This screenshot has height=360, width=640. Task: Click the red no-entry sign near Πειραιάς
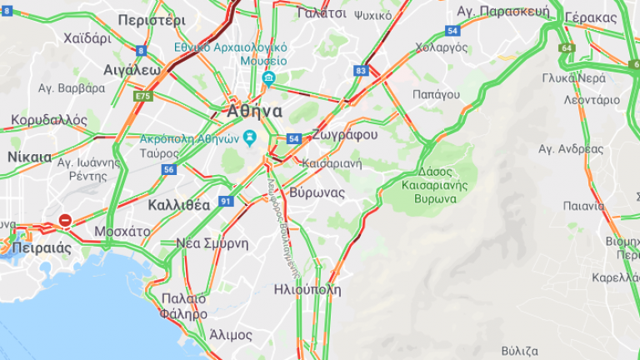pyautogui.click(x=65, y=221)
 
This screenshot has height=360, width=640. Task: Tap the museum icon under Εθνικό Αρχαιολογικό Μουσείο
pyautogui.click(x=268, y=78)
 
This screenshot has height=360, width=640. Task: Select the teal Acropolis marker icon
pyautogui.click(x=249, y=137)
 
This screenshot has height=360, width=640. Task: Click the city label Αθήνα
pyautogui.click(x=254, y=111)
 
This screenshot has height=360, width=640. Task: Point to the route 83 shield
pyautogui.click(x=360, y=72)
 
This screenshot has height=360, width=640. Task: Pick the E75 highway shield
pyautogui.click(x=143, y=97)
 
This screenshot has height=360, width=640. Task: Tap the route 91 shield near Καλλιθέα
pyautogui.click(x=226, y=201)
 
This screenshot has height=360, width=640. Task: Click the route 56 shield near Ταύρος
pyautogui.click(x=169, y=169)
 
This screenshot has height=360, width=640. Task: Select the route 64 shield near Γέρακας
pyautogui.click(x=567, y=48)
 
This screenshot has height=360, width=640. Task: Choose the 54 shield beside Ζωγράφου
pyautogui.click(x=293, y=138)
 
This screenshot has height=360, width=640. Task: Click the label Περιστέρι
pyautogui.click(x=152, y=19)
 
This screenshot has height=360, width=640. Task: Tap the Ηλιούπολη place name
pyautogui.click(x=307, y=290)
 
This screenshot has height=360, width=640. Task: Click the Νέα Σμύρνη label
pyautogui.click(x=212, y=243)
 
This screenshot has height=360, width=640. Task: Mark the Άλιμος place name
pyautogui.click(x=230, y=335)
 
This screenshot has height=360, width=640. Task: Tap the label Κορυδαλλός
pyautogui.click(x=49, y=120)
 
